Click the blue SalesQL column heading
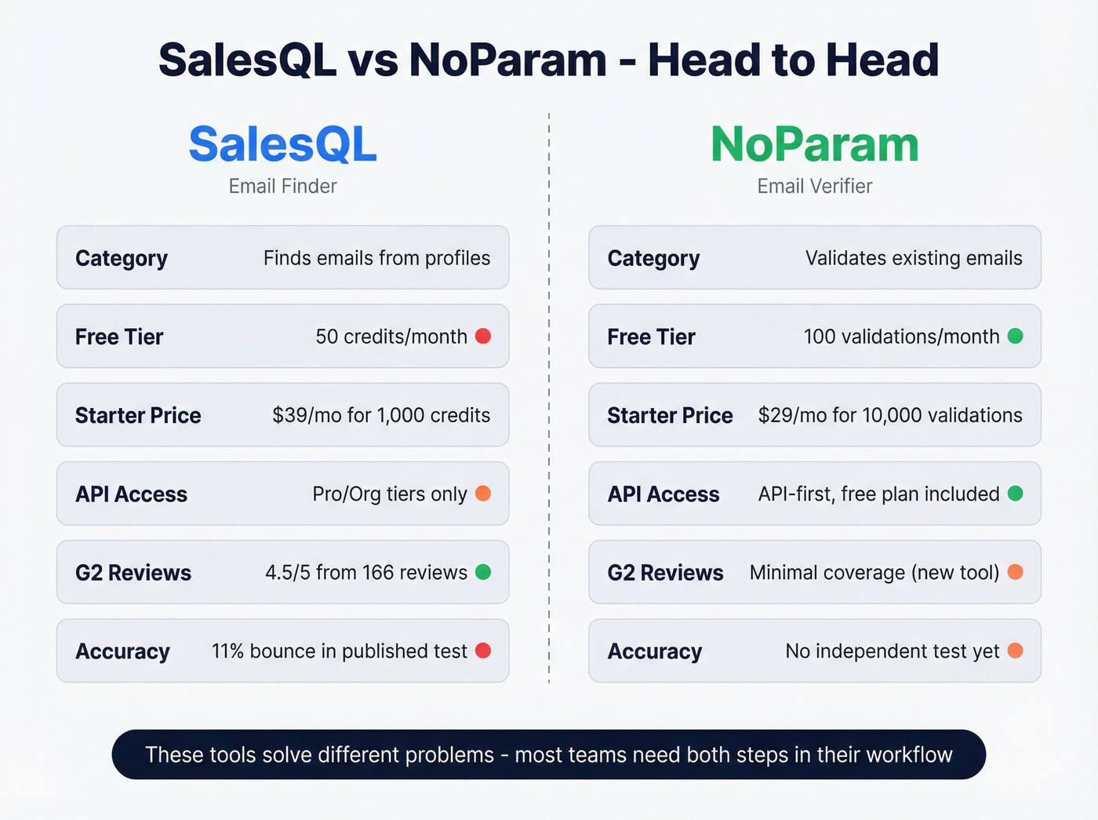point(282,144)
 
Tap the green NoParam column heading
point(815,144)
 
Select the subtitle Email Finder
point(282,186)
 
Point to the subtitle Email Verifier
point(815,186)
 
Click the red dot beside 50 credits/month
point(483,336)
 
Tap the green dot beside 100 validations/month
point(1015,336)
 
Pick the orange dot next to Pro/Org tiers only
point(483,493)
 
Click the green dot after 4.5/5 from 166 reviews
point(483,572)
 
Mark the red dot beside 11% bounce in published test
point(483,651)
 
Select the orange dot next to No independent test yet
point(1015,651)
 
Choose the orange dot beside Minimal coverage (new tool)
point(1015,572)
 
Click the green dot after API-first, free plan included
point(1015,493)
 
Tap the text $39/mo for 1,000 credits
point(381,415)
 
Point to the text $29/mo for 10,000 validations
point(890,415)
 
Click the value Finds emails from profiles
point(376,258)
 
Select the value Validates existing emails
point(914,258)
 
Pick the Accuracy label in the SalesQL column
point(122,651)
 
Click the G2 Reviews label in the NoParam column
point(665,573)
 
